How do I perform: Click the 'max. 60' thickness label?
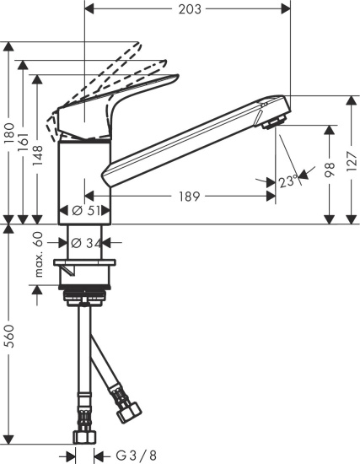click(38, 256)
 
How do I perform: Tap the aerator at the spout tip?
click(271, 125)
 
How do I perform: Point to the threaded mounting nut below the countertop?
click(85, 296)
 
